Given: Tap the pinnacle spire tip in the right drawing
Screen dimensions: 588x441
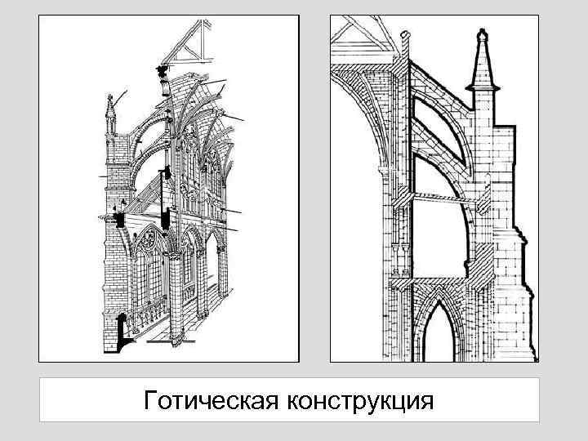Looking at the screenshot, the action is click(481, 38).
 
